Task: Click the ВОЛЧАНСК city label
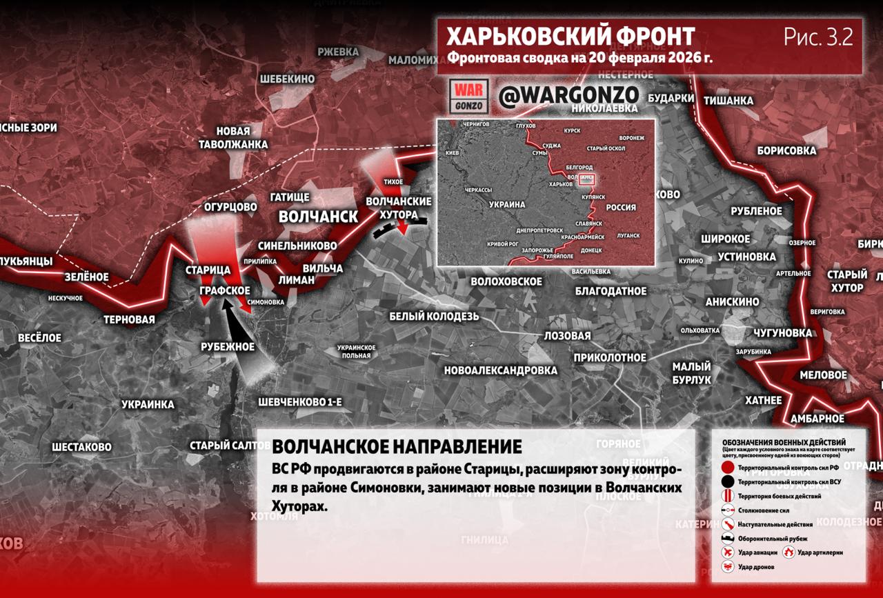coord(318,217)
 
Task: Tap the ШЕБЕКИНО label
coord(287,79)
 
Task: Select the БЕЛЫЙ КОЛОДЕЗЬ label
coord(434,316)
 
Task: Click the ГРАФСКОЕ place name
coord(224,290)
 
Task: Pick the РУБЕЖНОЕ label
coord(228,347)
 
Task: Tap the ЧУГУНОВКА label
coord(783,333)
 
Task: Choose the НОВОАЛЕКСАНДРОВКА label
coord(501,370)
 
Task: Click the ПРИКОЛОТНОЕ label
coord(610,357)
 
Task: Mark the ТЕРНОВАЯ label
coord(129,319)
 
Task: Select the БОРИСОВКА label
coord(786,150)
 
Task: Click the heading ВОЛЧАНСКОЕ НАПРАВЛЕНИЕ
coord(397,446)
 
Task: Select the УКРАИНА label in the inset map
coord(507,205)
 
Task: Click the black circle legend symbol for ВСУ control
coord(728,481)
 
